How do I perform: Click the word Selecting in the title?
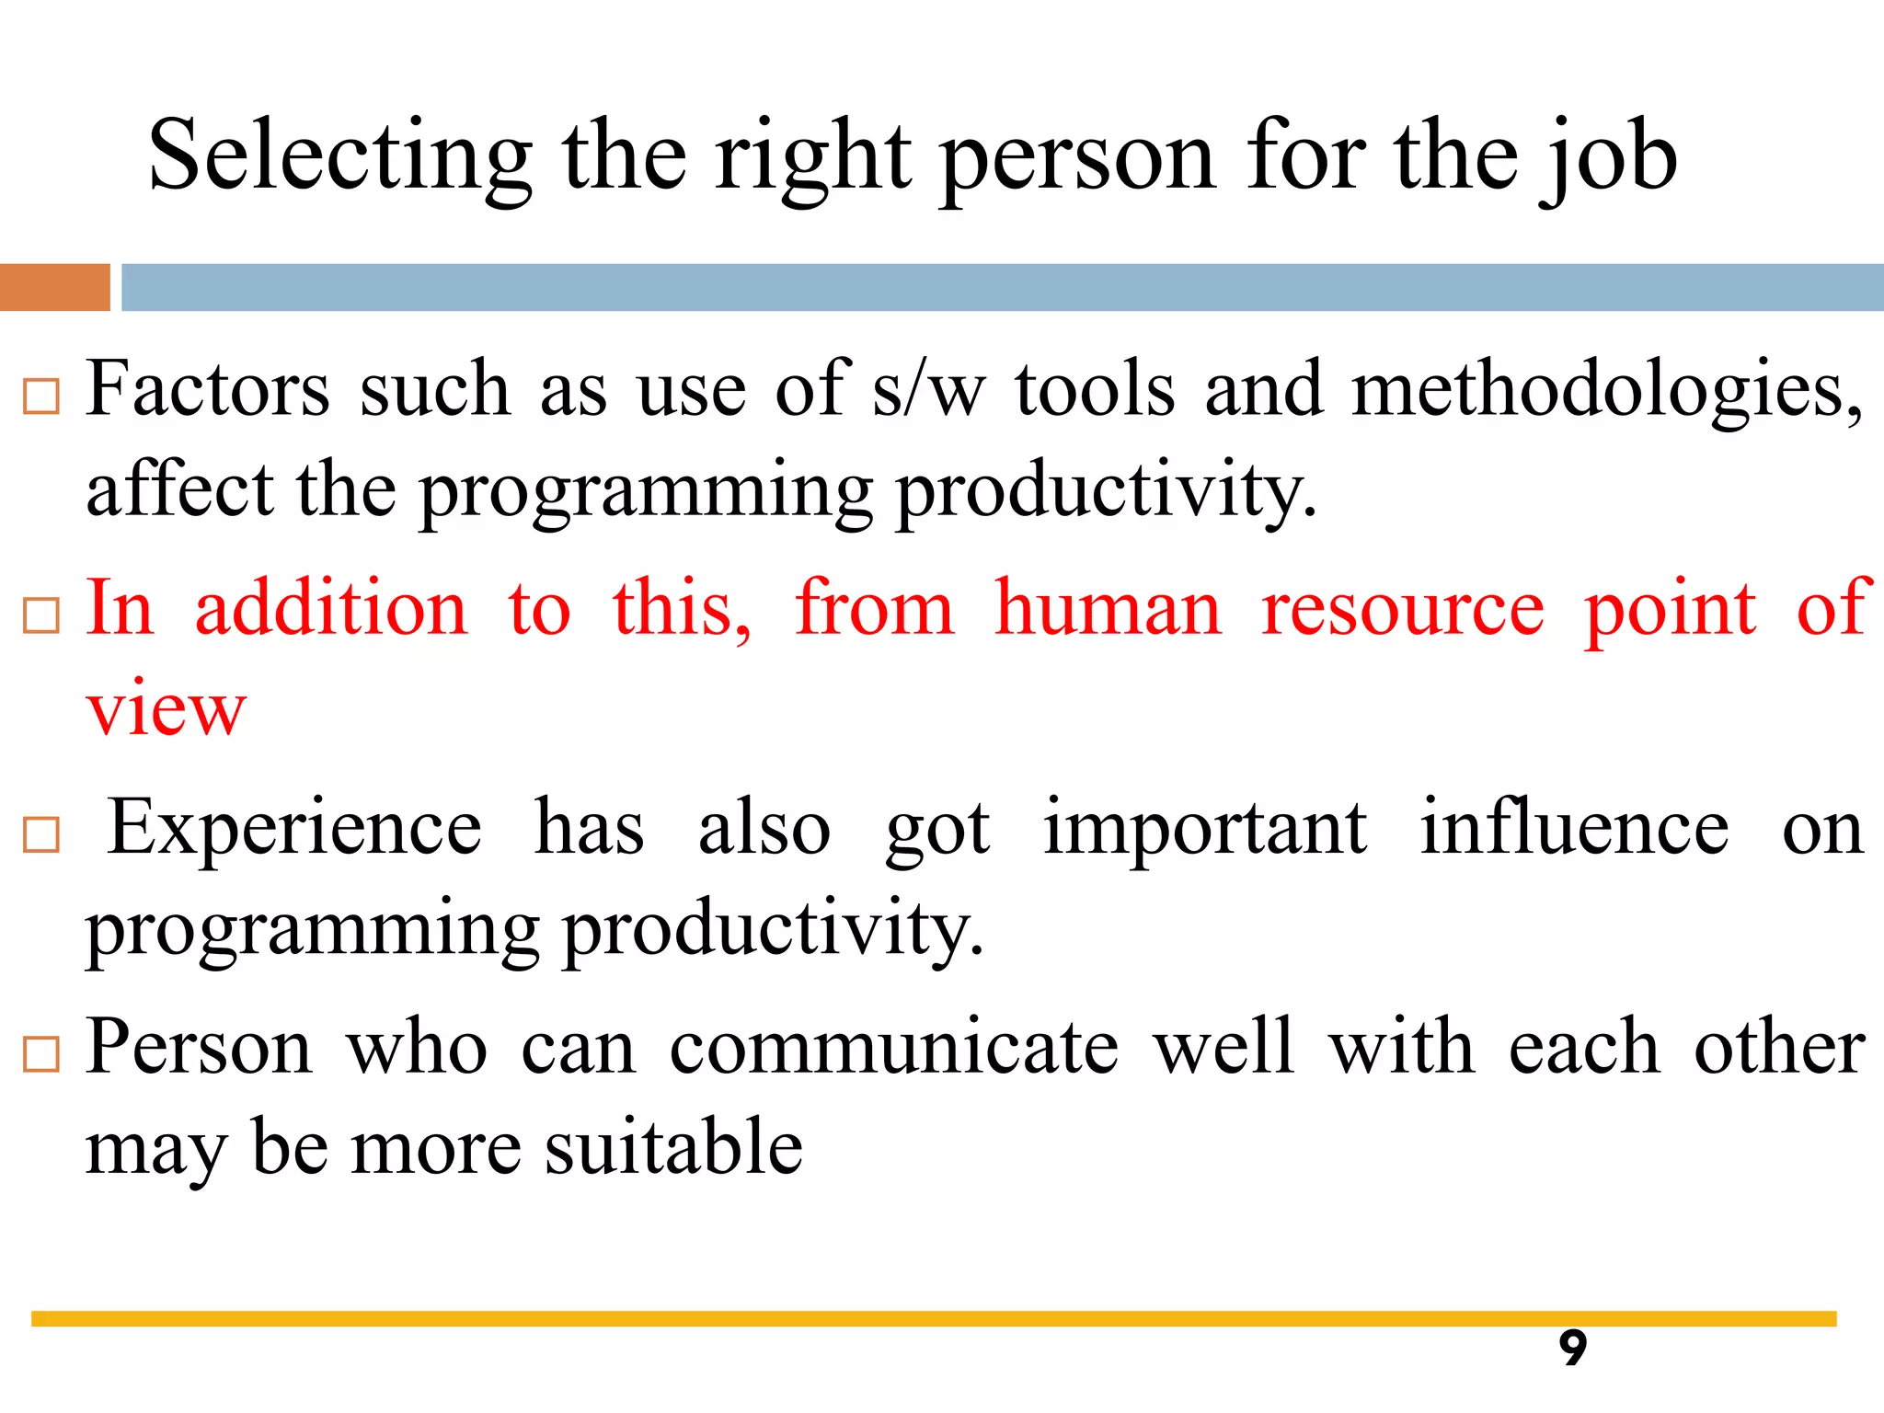(x=339, y=156)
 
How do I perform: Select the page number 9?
(x=1572, y=1349)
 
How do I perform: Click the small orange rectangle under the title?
(x=54, y=287)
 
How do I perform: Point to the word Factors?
(x=208, y=390)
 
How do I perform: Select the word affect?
(x=179, y=489)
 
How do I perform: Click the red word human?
(x=1108, y=609)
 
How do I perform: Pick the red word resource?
(x=1402, y=609)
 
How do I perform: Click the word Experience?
(x=294, y=828)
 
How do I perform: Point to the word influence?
(x=1573, y=828)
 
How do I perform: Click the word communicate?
(x=893, y=1047)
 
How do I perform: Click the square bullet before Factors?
(x=41, y=396)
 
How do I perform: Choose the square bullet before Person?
(x=41, y=1054)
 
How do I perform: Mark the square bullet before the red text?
(x=41, y=615)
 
